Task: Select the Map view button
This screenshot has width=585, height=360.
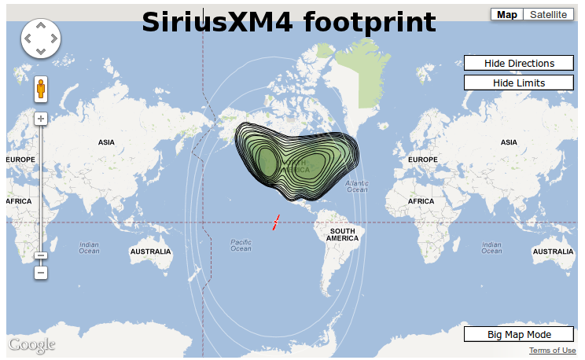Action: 507,15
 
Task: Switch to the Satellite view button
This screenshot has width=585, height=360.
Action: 547,15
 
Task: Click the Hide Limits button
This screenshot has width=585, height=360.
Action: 519,83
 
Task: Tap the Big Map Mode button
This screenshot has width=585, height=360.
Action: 519,335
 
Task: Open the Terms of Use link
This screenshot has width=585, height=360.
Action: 552,351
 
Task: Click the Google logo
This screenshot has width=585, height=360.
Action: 32,344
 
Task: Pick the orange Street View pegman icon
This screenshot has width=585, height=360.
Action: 41,89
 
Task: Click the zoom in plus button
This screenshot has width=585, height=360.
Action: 41,119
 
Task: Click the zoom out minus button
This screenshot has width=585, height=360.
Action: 41,273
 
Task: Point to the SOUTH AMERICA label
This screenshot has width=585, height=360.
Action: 343,234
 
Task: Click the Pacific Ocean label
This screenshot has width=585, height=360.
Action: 241,245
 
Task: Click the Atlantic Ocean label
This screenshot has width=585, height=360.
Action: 357,186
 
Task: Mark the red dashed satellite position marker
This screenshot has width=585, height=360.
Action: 276,222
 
